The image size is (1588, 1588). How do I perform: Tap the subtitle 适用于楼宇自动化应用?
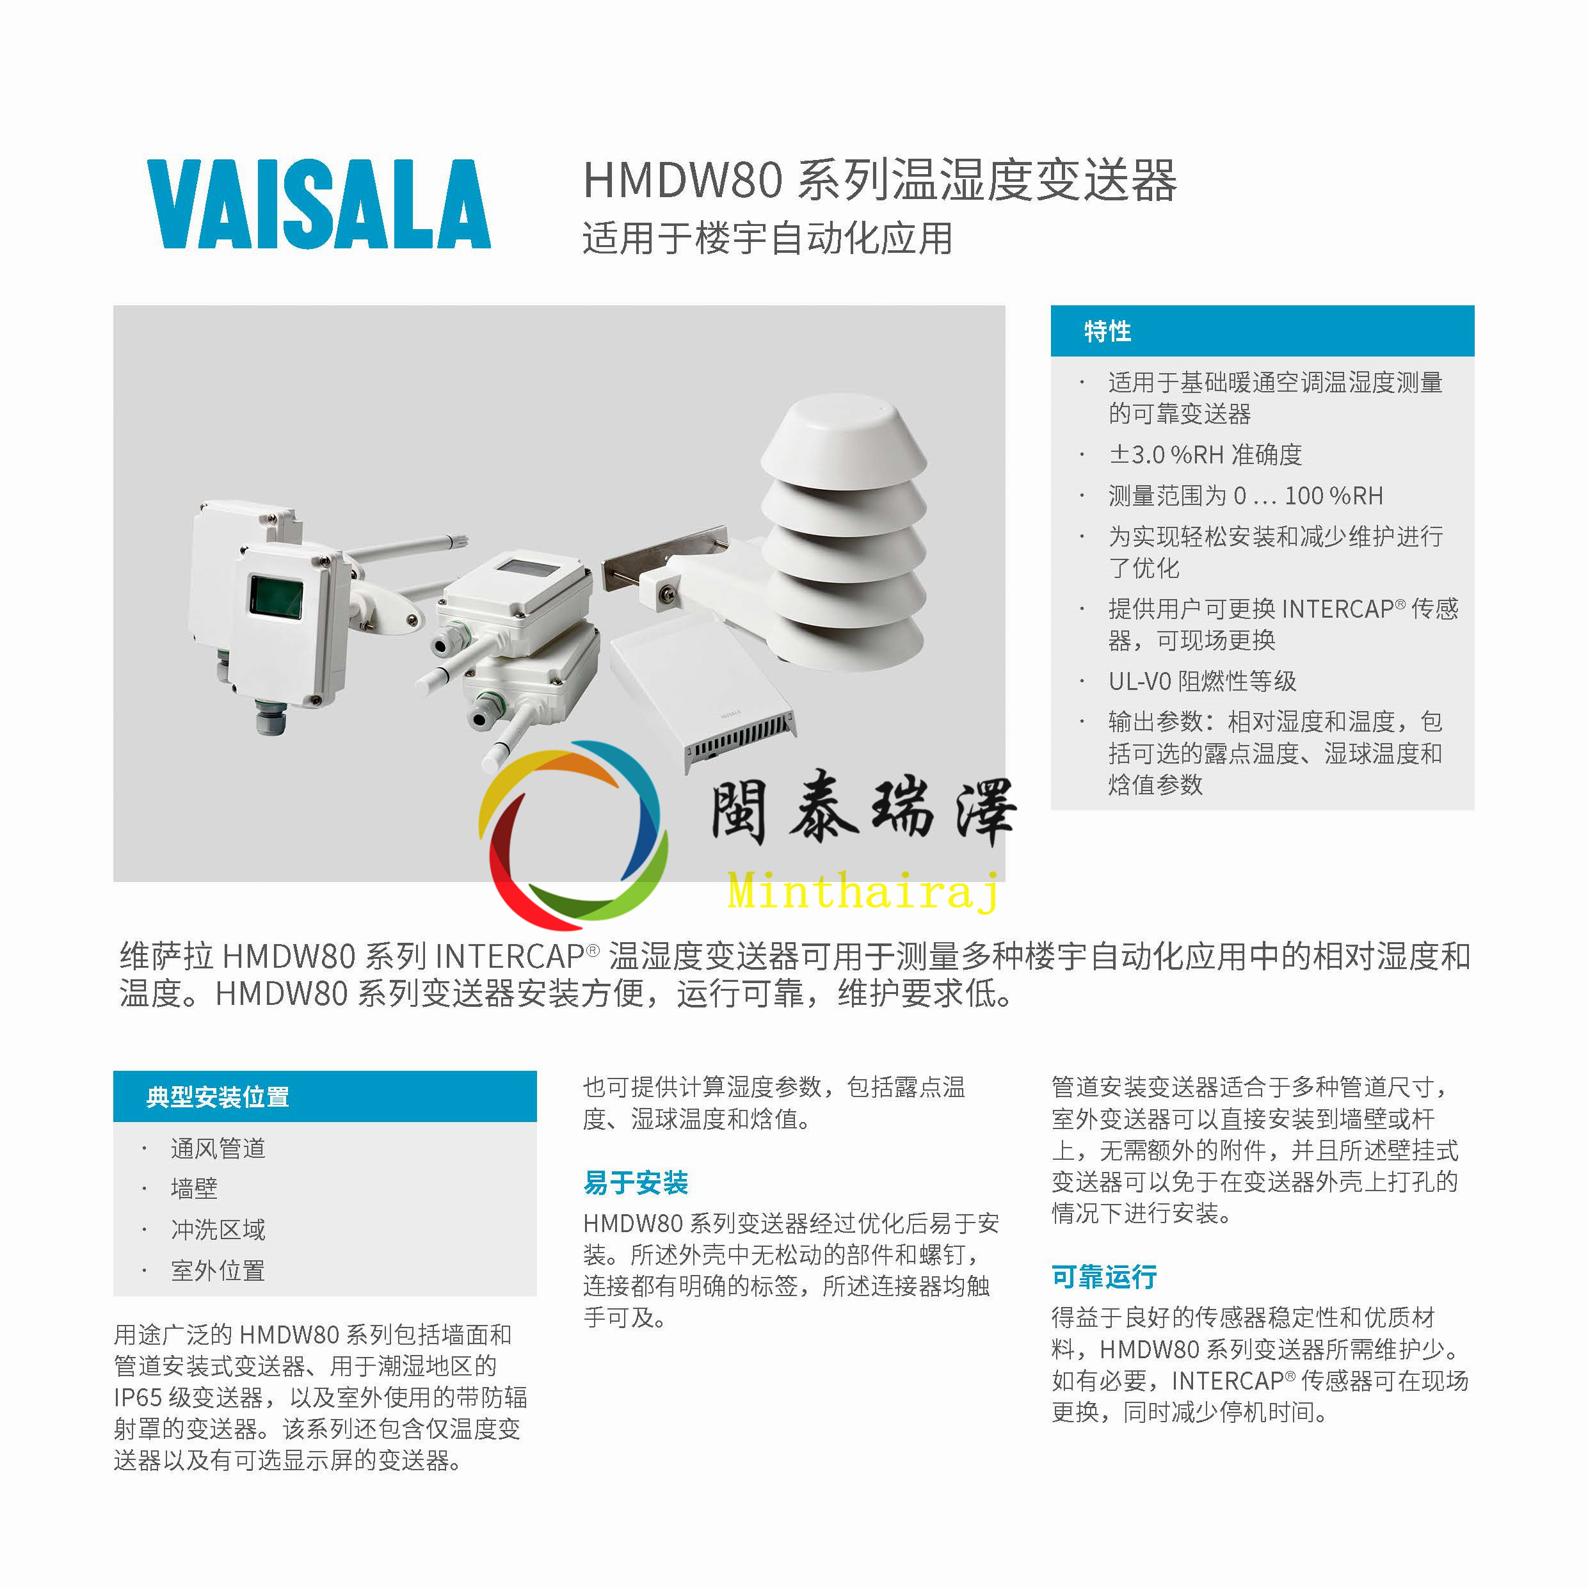tap(767, 238)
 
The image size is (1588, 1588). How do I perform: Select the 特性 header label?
tap(1107, 332)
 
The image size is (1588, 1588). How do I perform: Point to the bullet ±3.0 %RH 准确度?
tap(1205, 454)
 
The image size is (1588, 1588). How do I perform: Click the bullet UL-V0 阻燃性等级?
tap(1201, 680)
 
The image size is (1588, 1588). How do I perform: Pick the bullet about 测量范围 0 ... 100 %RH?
tap(1246, 495)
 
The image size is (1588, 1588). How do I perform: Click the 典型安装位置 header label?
tap(217, 1096)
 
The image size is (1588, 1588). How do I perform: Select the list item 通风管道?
tap(218, 1148)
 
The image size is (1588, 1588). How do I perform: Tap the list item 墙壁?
tap(194, 1189)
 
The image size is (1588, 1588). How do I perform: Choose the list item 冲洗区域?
tap(218, 1230)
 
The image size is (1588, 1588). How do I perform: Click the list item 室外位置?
tap(218, 1271)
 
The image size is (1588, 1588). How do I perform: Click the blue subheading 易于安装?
tap(636, 1183)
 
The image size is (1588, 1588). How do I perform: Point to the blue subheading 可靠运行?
tap(1104, 1276)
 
